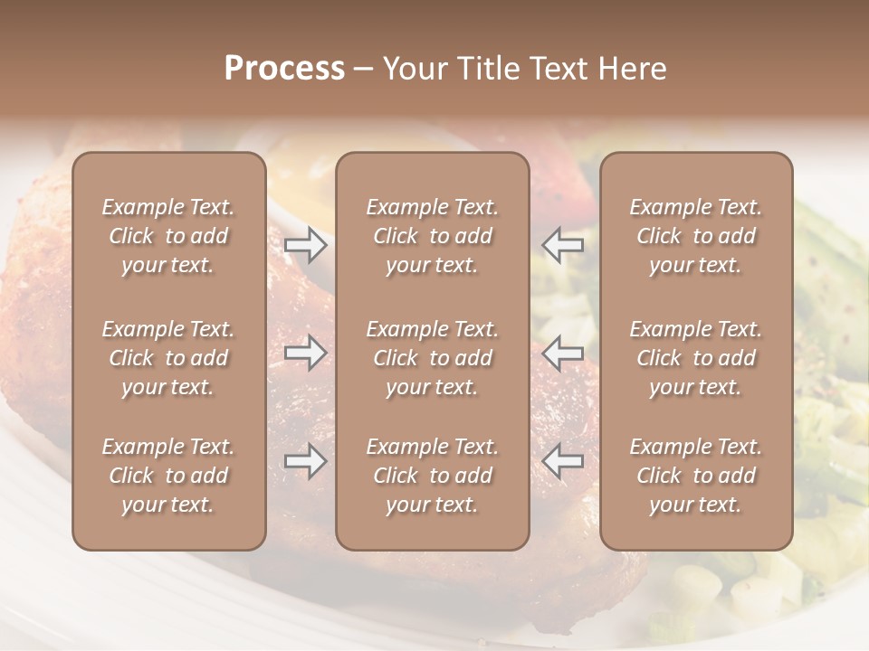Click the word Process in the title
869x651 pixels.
click(x=284, y=69)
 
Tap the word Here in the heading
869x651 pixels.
click(x=632, y=69)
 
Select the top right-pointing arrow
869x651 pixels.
click(x=306, y=245)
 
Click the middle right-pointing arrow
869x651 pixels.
click(x=306, y=353)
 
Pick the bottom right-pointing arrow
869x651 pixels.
click(x=306, y=462)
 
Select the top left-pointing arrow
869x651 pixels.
click(x=563, y=245)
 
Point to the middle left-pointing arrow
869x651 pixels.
click(x=563, y=353)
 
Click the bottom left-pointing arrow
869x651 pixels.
click(x=563, y=462)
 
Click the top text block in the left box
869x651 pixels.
click(x=168, y=236)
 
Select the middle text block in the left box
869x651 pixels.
click(x=168, y=358)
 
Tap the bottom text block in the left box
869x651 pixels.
click(x=168, y=476)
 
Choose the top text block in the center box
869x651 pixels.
click(x=433, y=236)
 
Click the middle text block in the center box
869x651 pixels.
click(x=433, y=358)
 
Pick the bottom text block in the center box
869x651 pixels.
click(x=433, y=476)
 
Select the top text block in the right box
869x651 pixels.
click(x=696, y=236)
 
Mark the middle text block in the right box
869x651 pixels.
click(x=696, y=358)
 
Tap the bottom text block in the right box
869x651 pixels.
click(x=696, y=476)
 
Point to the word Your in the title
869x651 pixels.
click(x=415, y=69)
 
